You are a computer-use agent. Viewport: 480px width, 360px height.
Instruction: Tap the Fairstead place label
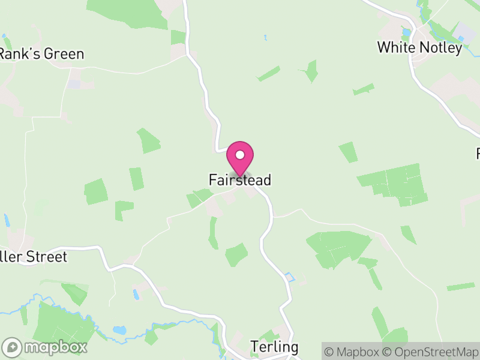[240, 179]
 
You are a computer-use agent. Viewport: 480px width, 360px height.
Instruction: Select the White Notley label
[419, 47]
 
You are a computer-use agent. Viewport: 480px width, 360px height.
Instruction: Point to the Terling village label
[274, 347]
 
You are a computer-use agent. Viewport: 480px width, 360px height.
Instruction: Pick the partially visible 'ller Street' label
[33, 257]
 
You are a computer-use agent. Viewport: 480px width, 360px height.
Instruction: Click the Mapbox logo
[46, 347]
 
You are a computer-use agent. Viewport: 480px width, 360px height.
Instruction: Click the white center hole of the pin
[240, 155]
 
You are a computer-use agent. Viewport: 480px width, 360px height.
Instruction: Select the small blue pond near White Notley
[406, 31]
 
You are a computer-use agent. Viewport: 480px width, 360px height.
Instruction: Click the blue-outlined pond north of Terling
[290, 277]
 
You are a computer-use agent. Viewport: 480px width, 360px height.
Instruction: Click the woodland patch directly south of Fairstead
[236, 254]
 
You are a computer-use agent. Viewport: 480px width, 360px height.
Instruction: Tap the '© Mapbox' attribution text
[353, 351]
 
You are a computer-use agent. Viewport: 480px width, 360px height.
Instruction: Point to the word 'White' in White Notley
[394, 47]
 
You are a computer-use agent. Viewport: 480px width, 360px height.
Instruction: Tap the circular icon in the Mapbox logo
[11, 347]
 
